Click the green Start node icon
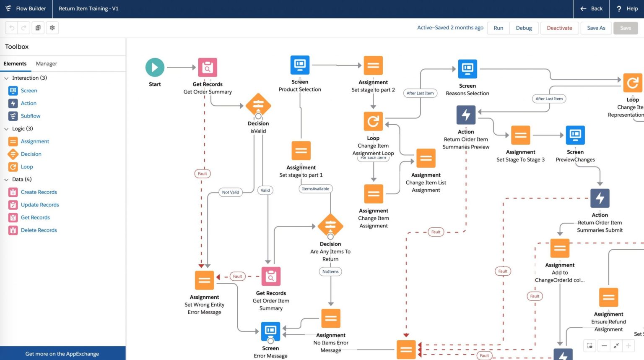pos(155,67)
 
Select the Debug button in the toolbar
pos(524,28)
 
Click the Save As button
pos(596,28)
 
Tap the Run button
pos(498,28)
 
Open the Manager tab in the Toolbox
pos(46,64)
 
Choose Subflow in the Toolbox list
pos(31,116)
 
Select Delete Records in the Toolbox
pos(39,230)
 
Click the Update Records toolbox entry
pos(40,205)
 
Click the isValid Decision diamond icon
pos(258,104)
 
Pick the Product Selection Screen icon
pos(300,65)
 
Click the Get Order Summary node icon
pos(208,68)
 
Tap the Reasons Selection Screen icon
pos(467,69)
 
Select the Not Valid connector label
pos(230,192)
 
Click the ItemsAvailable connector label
pos(315,189)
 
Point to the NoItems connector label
pos(330,271)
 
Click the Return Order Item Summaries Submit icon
pos(600,198)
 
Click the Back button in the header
pos(591,9)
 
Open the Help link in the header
pos(627,9)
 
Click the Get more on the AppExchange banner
pos(62,354)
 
